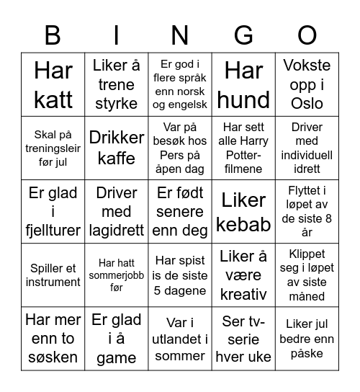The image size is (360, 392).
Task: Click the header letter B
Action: point(53,35)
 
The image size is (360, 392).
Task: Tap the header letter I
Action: point(117,35)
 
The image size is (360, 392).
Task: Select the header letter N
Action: point(180,35)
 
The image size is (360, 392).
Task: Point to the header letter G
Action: point(244,35)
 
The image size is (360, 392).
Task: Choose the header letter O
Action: point(307,35)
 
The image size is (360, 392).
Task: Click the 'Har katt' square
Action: point(53,84)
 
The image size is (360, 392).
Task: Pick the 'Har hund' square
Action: point(244,84)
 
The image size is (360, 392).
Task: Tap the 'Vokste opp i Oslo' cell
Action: point(307,84)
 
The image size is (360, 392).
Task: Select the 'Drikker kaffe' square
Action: point(117,148)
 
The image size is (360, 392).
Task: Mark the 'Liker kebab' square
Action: point(244,211)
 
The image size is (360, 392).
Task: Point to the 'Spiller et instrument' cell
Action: point(53,275)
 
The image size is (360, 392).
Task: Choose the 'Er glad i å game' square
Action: point(117,338)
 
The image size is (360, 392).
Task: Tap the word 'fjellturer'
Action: point(53,231)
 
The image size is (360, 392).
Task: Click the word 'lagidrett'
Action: point(117,231)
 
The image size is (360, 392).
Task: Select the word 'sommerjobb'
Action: point(117,275)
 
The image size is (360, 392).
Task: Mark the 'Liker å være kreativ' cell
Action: point(244,275)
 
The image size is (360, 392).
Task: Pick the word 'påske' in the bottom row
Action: point(307,353)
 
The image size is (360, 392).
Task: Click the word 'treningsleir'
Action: point(53,148)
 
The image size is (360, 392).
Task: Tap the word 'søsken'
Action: point(53,357)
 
